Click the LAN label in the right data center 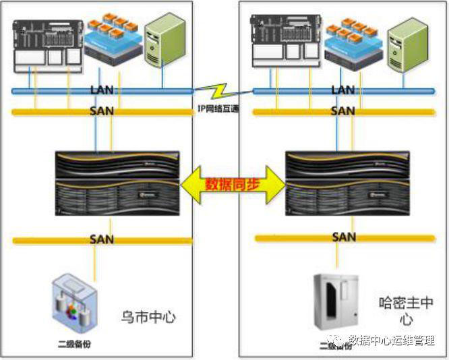(343, 90)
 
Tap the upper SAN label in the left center (102, 111)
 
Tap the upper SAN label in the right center (343, 111)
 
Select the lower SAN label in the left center (102, 239)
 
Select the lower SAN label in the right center (344, 237)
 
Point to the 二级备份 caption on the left (74, 344)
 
